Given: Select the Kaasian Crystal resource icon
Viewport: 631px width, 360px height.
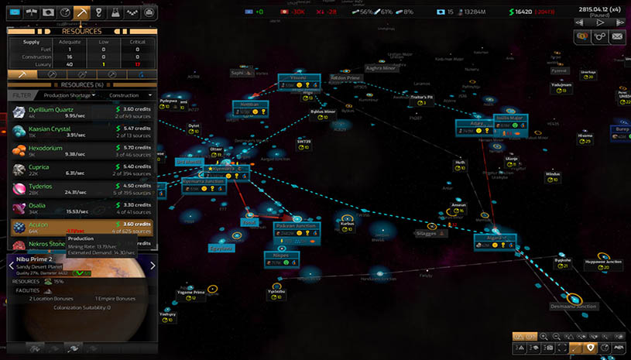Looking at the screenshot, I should pyautogui.click(x=18, y=132).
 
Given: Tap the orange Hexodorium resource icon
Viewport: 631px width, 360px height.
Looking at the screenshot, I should pyautogui.click(x=18, y=150).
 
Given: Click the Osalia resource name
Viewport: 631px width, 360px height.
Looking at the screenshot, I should pyautogui.click(x=37, y=206).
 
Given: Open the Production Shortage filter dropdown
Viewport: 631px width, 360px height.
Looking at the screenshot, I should pyautogui.click(x=69, y=95).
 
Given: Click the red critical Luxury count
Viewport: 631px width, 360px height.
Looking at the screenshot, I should pyautogui.click(x=137, y=63).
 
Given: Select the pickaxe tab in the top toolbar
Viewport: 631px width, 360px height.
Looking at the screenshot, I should pyautogui.click(x=81, y=12).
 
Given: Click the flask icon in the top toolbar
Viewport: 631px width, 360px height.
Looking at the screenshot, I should pyautogui.click(x=115, y=12).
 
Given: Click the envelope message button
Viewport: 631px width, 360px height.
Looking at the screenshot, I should pyautogui.click(x=617, y=36).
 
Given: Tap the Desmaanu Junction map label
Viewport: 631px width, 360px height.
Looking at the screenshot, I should pyautogui.click(x=574, y=307).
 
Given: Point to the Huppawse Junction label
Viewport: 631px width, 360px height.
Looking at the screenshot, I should pyautogui.click(x=604, y=262).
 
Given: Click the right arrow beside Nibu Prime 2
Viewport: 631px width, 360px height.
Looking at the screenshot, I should pyautogui.click(x=153, y=266).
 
